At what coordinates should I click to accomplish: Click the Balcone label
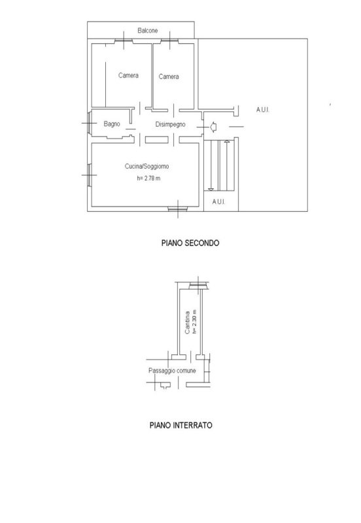[147, 30]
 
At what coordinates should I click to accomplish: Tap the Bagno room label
[112, 124]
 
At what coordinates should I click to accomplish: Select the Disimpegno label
[170, 124]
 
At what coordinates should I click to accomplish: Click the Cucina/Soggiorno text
[146, 166]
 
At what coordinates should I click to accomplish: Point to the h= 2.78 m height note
[148, 178]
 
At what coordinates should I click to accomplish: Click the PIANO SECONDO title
[190, 243]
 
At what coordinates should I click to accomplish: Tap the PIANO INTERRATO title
[181, 426]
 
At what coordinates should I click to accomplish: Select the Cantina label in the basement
[188, 322]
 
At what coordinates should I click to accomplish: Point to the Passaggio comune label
[172, 371]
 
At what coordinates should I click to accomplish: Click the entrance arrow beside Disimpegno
[213, 127]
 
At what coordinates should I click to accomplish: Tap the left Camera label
[128, 75]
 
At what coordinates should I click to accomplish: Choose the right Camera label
[169, 76]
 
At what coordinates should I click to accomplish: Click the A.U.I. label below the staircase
[218, 202]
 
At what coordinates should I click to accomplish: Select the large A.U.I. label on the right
[263, 110]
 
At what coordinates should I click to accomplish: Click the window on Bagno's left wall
[90, 123]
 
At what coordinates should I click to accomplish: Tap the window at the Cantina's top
[199, 286]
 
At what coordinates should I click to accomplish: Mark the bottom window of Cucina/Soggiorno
[177, 209]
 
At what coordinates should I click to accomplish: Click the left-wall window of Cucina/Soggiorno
[90, 175]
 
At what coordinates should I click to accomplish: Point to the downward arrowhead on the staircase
[211, 190]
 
